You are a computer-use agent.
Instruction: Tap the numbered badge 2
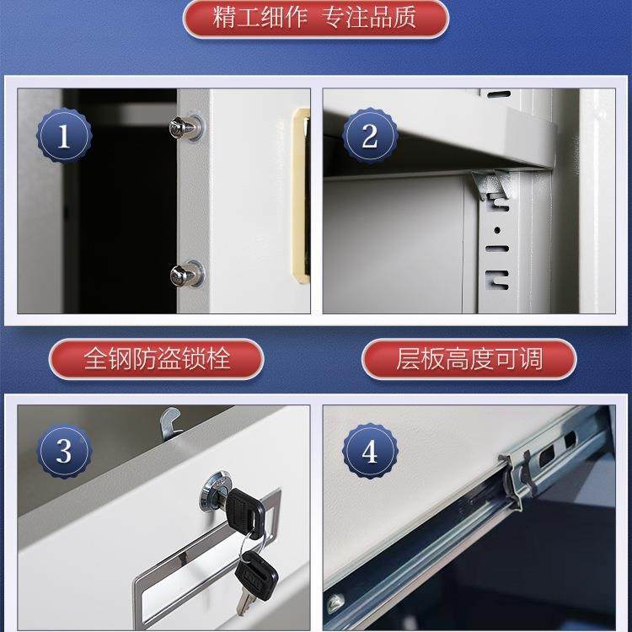click(x=369, y=137)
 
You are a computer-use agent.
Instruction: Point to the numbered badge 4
click(x=369, y=452)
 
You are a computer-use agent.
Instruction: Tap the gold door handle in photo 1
click(x=300, y=194)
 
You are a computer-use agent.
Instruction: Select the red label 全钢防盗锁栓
click(x=157, y=360)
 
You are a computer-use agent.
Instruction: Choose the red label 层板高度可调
click(x=469, y=360)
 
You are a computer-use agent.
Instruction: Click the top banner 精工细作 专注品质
click(x=315, y=19)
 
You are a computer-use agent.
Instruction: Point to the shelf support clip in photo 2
click(x=490, y=185)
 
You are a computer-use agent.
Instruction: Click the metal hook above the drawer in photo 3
click(x=172, y=421)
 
